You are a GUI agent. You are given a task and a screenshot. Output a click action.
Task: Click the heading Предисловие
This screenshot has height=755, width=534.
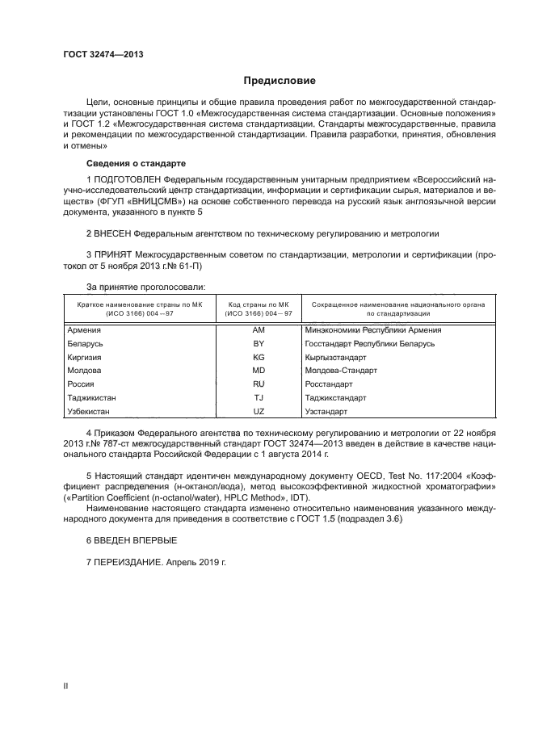click(x=280, y=81)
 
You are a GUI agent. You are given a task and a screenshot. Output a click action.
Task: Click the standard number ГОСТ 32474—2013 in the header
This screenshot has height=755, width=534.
click(x=103, y=54)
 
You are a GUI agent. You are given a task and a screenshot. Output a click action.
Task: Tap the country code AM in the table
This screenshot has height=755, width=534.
click(x=259, y=329)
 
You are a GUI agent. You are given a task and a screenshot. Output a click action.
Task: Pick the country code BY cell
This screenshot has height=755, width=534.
click(x=259, y=343)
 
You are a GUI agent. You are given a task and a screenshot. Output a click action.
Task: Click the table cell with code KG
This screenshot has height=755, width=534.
click(x=259, y=357)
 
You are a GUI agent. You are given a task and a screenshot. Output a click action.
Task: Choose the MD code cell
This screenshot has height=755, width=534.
click(x=259, y=371)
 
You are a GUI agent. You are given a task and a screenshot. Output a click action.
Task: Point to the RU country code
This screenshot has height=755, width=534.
click(x=259, y=384)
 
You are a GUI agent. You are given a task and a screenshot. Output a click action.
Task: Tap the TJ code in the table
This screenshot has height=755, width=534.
click(x=259, y=398)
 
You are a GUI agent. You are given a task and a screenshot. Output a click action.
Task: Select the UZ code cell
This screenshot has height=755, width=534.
click(x=259, y=412)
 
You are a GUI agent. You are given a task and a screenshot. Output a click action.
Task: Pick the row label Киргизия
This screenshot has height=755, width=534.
click(x=86, y=357)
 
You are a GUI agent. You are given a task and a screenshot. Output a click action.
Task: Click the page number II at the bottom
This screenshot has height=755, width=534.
click(x=66, y=686)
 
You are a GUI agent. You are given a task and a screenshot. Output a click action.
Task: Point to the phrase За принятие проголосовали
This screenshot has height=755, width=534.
click(x=146, y=287)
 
